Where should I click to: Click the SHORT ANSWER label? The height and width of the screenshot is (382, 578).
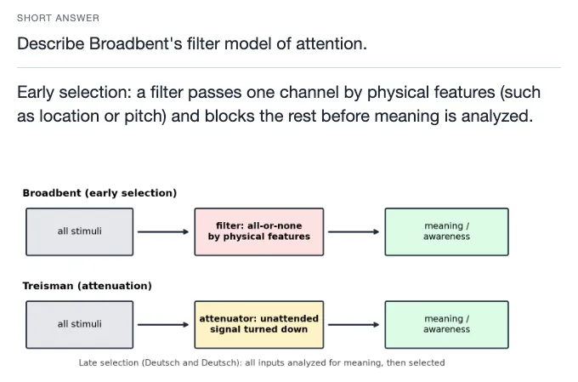59,18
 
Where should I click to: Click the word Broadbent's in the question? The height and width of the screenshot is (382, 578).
136,43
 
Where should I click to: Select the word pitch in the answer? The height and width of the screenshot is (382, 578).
144,116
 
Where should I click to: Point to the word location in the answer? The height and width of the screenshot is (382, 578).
69,116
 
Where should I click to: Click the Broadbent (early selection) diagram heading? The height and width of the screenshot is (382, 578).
99,193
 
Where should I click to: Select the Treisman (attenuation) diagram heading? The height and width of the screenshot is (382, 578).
87,286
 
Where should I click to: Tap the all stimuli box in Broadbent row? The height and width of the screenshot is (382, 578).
80,231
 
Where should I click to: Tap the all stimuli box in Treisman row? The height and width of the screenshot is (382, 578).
80,325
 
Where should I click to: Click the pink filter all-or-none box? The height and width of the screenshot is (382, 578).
259,231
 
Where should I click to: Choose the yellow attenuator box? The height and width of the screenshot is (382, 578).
259,325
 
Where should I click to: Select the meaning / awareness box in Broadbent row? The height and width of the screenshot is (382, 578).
447,231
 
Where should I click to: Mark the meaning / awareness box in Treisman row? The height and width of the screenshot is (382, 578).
447,325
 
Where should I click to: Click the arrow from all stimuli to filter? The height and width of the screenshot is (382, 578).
163,231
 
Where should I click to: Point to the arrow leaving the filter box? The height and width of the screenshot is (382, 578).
354,231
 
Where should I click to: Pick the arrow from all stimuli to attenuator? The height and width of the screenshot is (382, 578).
163,325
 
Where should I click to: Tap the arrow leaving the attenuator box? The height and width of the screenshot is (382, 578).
354,325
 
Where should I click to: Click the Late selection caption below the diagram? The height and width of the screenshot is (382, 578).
262,362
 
